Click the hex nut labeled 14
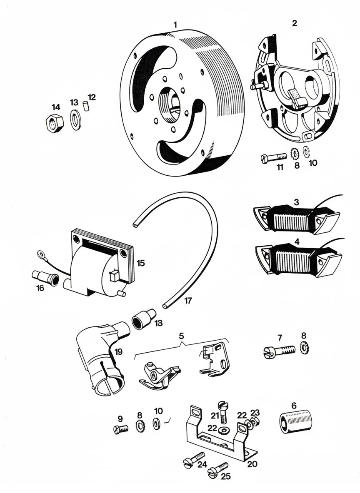53,122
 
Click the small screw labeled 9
120,428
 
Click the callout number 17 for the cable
188,300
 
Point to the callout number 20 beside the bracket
252,463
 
